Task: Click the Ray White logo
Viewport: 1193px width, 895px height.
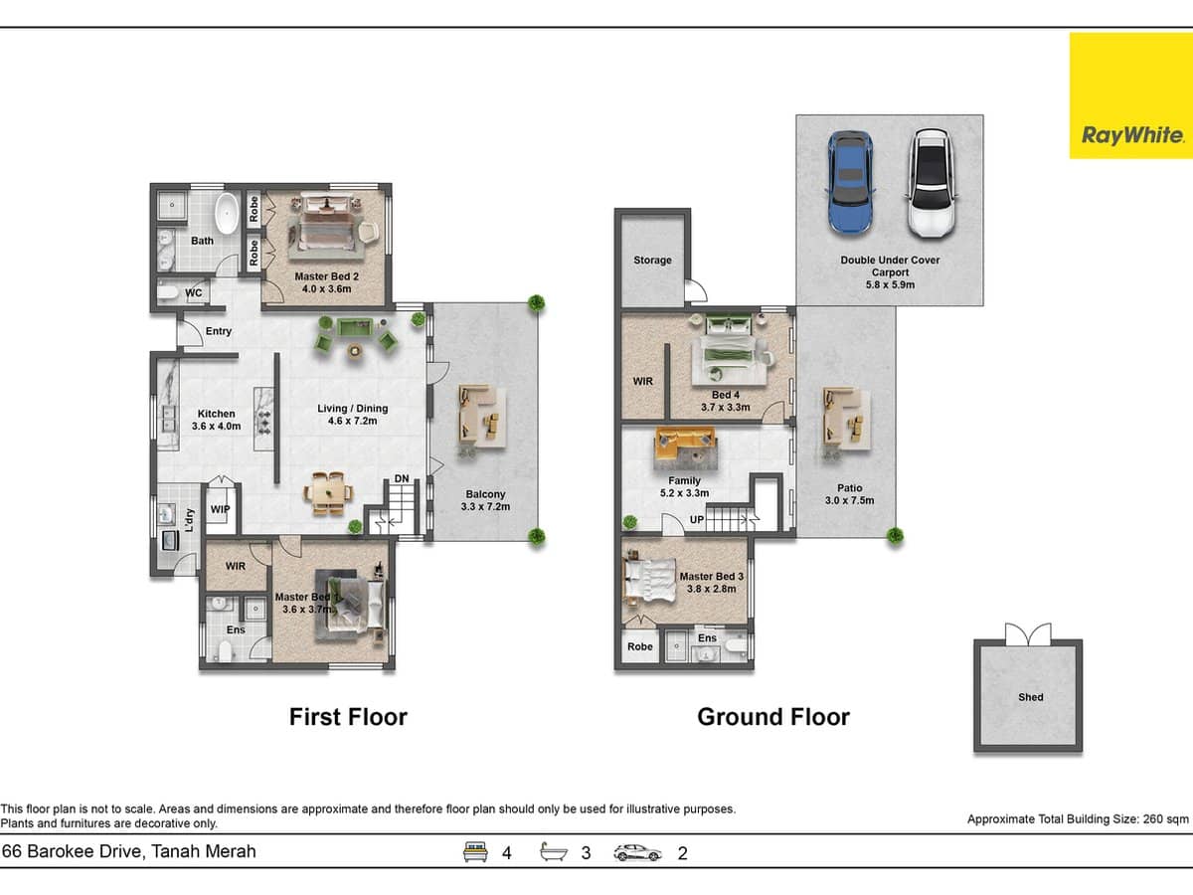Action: (1130, 96)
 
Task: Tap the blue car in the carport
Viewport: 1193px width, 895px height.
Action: (849, 183)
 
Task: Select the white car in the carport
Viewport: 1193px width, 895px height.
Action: (931, 183)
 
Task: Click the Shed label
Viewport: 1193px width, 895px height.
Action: (1030, 697)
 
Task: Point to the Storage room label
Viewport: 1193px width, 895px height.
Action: (652, 261)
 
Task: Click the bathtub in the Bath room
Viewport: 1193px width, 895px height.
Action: (228, 213)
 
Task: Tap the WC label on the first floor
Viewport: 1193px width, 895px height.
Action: (194, 293)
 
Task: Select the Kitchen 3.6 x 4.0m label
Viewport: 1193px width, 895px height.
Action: (216, 420)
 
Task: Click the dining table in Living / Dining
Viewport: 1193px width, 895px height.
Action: (328, 490)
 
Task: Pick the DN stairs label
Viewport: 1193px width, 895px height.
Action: (401, 479)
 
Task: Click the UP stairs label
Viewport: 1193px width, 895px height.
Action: (697, 520)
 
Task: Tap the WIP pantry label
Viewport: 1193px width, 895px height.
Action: (220, 509)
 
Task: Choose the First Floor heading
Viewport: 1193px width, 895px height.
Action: (348, 717)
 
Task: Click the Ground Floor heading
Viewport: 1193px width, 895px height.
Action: (772, 717)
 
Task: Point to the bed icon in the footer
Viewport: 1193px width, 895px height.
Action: (476, 852)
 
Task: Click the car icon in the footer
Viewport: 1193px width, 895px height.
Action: (638, 852)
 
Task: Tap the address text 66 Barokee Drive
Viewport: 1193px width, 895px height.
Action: (129, 851)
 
